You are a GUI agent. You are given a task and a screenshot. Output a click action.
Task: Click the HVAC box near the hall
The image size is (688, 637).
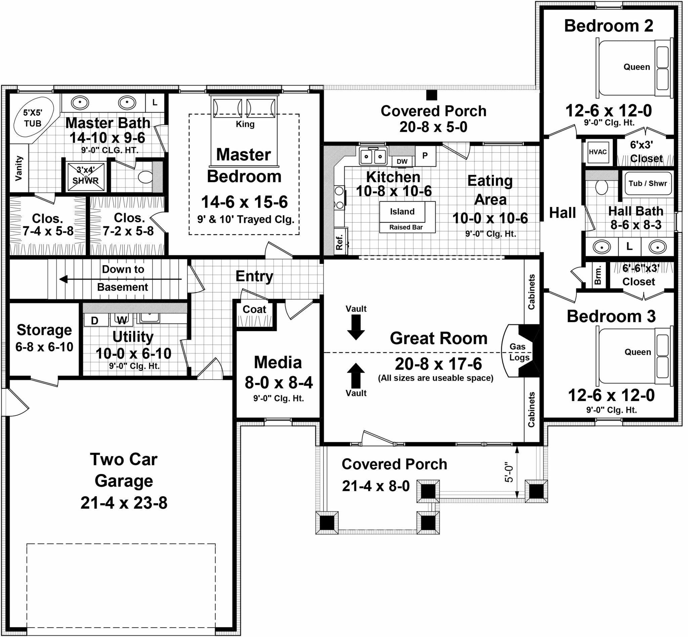click(x=598, y=152)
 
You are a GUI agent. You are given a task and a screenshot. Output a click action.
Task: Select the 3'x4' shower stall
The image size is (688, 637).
click(x=86, y=176)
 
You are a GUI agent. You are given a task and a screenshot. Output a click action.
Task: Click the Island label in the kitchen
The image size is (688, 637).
click(x=402, y=211)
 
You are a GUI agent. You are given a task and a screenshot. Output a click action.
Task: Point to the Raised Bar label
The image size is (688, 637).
click(x=406, y=227)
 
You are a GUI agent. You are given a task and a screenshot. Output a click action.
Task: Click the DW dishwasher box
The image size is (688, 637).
click(x=402, y=161)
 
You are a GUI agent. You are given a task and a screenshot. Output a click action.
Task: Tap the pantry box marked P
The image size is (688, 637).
click(x=426, y=156)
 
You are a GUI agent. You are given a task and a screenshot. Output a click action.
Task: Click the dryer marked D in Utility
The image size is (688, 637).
click(x=95, y=320)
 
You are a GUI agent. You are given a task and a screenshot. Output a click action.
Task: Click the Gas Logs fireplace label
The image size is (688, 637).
click(x=518, y=352)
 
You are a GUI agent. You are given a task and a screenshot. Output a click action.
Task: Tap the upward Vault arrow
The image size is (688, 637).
click(x=355, y=375)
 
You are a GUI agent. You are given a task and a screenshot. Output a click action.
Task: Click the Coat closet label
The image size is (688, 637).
click(x=254, y=309)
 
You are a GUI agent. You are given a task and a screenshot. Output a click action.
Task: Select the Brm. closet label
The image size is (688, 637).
click(x=598, y=275)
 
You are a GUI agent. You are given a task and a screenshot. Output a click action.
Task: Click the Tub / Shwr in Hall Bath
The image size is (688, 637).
click(x=648, y=184)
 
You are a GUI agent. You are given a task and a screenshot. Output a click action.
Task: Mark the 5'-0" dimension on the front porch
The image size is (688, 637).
click(x=509, y=472)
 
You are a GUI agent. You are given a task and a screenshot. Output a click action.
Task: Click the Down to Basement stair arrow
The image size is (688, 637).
click(x=121, y=279)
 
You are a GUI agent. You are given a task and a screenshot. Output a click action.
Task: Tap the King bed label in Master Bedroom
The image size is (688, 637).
click(x=245, y=124)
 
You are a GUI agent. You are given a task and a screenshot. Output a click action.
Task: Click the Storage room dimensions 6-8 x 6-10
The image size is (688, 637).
click(x=44, y=347)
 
